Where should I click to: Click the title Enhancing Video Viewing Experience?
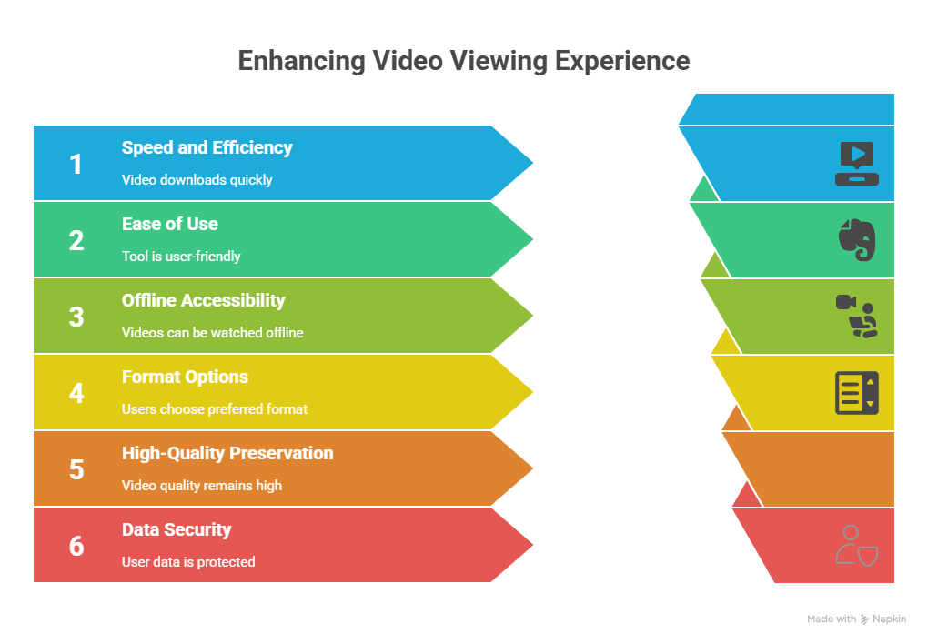[464, 62]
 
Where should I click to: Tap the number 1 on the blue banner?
[76, 164]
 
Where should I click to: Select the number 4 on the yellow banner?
[76, 393]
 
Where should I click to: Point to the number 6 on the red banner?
[76, 546]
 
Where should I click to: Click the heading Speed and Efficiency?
[207, 147]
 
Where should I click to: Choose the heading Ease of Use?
[170, 224]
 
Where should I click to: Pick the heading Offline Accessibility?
[204, 301]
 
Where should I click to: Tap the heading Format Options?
[185, 377]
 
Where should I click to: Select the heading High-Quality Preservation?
[227, 453]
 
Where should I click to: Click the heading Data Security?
[177, 529]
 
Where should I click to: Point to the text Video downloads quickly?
[197, 180]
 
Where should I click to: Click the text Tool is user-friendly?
[181, 257]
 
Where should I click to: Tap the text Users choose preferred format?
[214, 409]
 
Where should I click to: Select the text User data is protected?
[188, 562]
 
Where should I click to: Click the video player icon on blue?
[857, 164]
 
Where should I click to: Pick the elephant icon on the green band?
[857, 240]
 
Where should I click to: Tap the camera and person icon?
[857, 316]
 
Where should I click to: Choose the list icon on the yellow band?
[857, 393]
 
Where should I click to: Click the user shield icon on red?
[857, 545]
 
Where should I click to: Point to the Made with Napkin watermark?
[856, 619]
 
